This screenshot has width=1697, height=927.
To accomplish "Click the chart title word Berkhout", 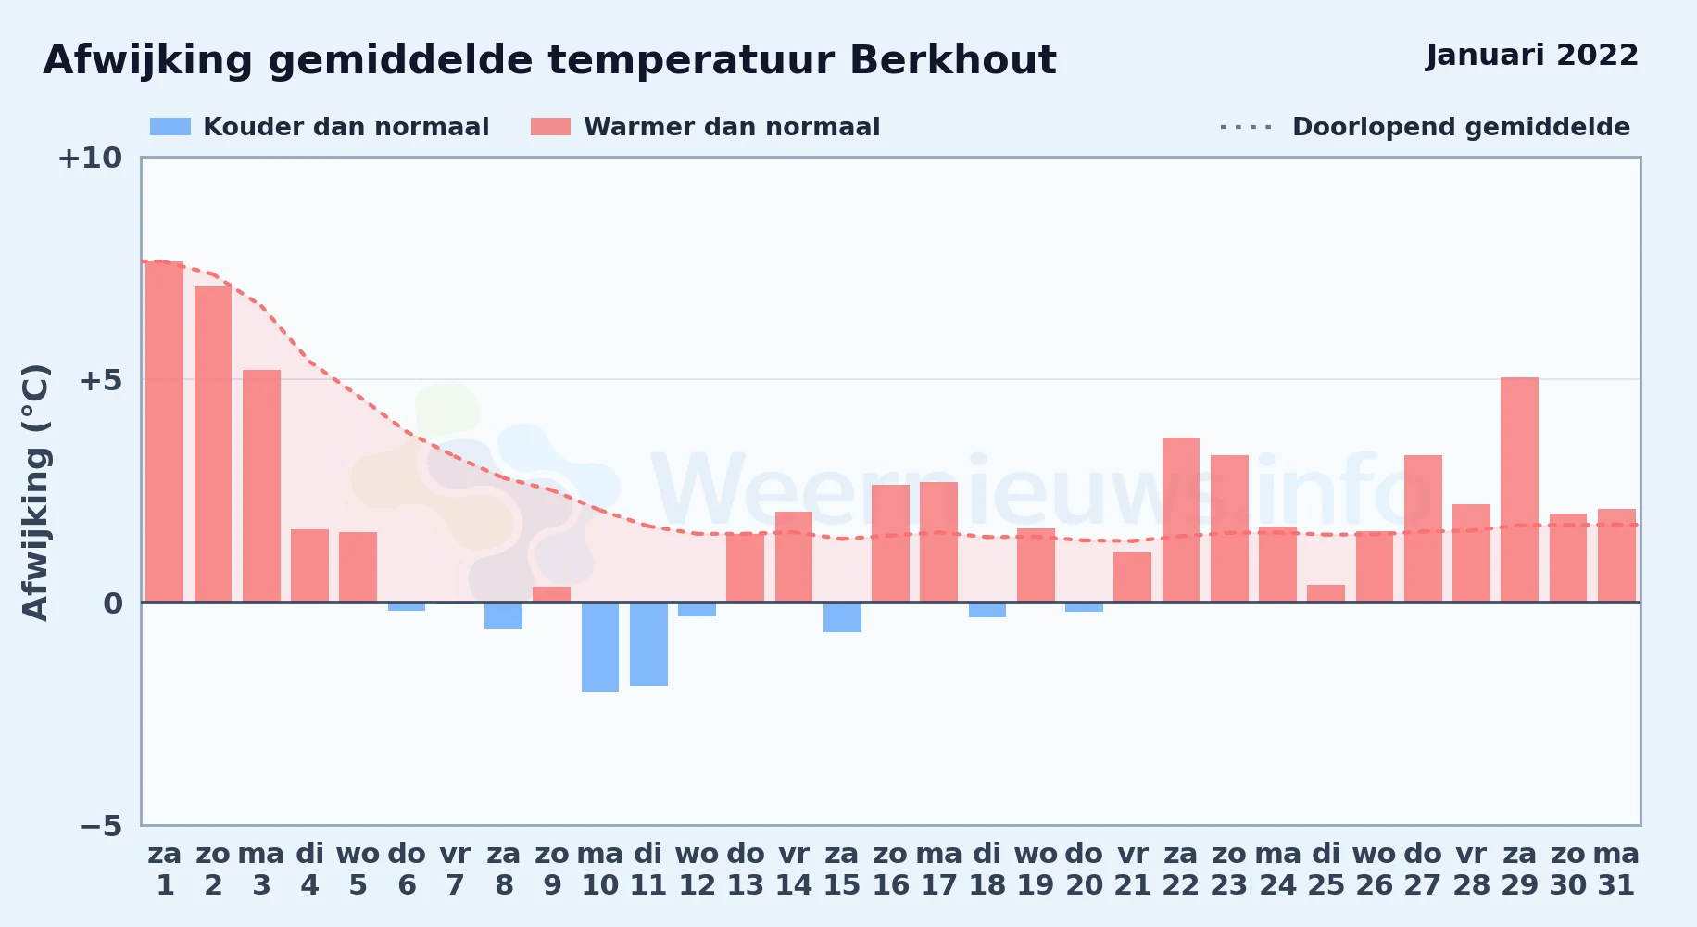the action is pyautogui.click(x=952, y=60).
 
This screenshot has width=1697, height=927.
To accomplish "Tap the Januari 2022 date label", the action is pyautogui.click(x=1532, y=55).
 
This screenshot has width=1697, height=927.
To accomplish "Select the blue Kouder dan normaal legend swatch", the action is pyautogui.click(x=170, y=127).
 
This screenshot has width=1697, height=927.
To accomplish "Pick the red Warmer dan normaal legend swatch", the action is pyautogui.click(x=550, y=127).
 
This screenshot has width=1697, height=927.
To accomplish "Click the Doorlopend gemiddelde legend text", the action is pyautogui.click(x=1461, y=127).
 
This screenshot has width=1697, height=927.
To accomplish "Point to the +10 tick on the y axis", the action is pyautogui.click(x=90, y=158).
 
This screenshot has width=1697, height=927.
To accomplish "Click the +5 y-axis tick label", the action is pyautogui.click(x=100, y=380).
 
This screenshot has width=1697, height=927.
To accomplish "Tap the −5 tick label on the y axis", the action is pyautogui.click(x=100, y=825).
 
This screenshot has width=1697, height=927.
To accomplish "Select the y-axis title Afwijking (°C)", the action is pyautogui.click(x=35, y=492).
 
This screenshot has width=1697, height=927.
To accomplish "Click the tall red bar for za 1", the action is pyautogui.click(x=165, y=432).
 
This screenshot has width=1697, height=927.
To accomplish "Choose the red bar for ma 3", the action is pyautogui.click(x=261, y=486).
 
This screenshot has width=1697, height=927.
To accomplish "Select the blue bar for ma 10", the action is pyautogui.click(x=600, y=647).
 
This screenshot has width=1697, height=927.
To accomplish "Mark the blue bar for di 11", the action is pyautogui.click(x=648, y=644).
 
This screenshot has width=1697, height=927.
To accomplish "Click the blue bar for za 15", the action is pyautogui.click(x=842, y=617).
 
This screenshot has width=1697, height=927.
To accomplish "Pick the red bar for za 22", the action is pyautogui.click(x=1181, y=520).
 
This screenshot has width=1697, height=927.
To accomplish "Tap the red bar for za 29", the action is pyautogui.click(x=1519, y=489).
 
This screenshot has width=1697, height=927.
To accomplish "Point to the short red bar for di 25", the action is pyautogui.click(x=1326, y=593).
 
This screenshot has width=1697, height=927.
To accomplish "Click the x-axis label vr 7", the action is pyautogui.click(x=455, y=870).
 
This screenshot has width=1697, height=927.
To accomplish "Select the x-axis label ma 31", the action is pyautogui.click(x=1616, y=870).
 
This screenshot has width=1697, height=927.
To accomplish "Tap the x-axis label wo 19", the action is pyautogui.click(x=1036, y=870).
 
